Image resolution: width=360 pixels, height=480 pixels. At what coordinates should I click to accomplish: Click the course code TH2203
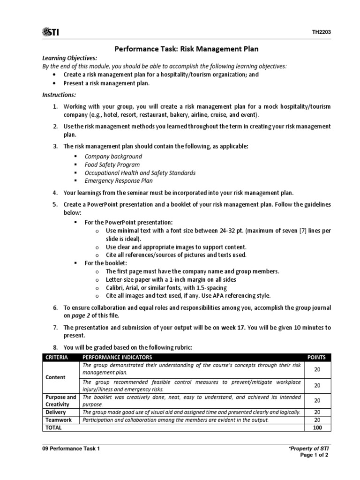point(322,32)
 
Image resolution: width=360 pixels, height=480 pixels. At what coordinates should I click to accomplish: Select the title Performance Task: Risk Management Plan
point(187,49)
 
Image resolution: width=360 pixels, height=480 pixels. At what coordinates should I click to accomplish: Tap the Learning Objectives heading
point(70,58)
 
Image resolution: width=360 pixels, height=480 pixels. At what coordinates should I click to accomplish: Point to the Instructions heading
point(59,95)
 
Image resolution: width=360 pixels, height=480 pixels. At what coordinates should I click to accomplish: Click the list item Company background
point(113,156)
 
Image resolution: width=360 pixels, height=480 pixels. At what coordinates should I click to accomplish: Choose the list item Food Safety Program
point(112,165)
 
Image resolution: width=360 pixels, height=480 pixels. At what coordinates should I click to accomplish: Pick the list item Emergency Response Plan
point(119,180)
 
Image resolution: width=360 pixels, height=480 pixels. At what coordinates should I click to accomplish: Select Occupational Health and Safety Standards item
point(140,172)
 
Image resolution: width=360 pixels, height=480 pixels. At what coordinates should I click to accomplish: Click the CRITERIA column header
point(57,357)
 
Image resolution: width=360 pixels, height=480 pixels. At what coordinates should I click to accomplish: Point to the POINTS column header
point(317,357)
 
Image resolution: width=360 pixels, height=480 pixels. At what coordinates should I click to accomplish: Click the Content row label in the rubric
point(55,377)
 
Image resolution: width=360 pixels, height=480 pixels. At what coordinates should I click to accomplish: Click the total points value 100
point(317,427)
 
